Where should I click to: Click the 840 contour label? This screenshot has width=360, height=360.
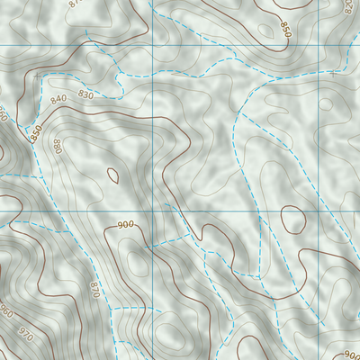60,98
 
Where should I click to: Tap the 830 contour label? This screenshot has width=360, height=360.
86,94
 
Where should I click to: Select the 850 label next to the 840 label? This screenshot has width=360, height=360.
37,131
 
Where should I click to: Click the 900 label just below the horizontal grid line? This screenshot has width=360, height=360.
125,224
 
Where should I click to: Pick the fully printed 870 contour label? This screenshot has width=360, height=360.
93,289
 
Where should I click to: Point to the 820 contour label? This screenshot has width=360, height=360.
348,7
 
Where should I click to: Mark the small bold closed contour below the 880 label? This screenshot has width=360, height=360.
112,175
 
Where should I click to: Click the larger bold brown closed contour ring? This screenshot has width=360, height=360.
292,219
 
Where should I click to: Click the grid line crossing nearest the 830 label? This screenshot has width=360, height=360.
154,46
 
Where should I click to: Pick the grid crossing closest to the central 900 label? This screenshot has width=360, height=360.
154,211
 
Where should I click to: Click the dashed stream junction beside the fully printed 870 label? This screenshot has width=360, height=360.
110,307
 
